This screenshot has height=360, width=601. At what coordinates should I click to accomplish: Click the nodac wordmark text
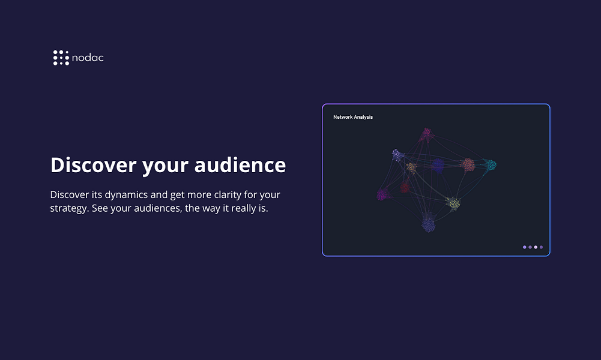tap(88, 58)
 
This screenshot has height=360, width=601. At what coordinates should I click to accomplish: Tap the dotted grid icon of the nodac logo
tap(61, 58)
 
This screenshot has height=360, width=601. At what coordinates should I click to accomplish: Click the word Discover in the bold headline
tap(94, 164)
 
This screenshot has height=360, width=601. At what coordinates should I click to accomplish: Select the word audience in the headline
tap(240, 164)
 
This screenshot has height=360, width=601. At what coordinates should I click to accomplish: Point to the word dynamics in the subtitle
tap(126, 195)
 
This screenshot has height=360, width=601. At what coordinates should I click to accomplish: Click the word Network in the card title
tap(343, 117)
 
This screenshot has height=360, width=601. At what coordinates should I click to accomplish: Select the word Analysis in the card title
tap(364, 117)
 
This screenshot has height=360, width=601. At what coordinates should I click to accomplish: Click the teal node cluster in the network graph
tap(489, 165)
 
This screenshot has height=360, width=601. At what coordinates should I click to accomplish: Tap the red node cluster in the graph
tap(405, 187)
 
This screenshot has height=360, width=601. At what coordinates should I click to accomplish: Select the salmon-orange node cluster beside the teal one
tap(468, 165)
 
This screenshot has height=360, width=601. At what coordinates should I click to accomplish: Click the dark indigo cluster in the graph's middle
tap(438, 166)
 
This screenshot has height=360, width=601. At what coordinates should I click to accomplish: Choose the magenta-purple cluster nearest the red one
tap(382, 194)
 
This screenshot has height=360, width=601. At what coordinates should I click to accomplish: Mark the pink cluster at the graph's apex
tap(427, 134)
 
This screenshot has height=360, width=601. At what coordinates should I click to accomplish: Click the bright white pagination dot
tap(536, 247)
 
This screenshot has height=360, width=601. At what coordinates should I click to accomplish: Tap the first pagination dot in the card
tap(525, 247)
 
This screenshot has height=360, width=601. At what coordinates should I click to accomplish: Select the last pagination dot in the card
tap(541, 247)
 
